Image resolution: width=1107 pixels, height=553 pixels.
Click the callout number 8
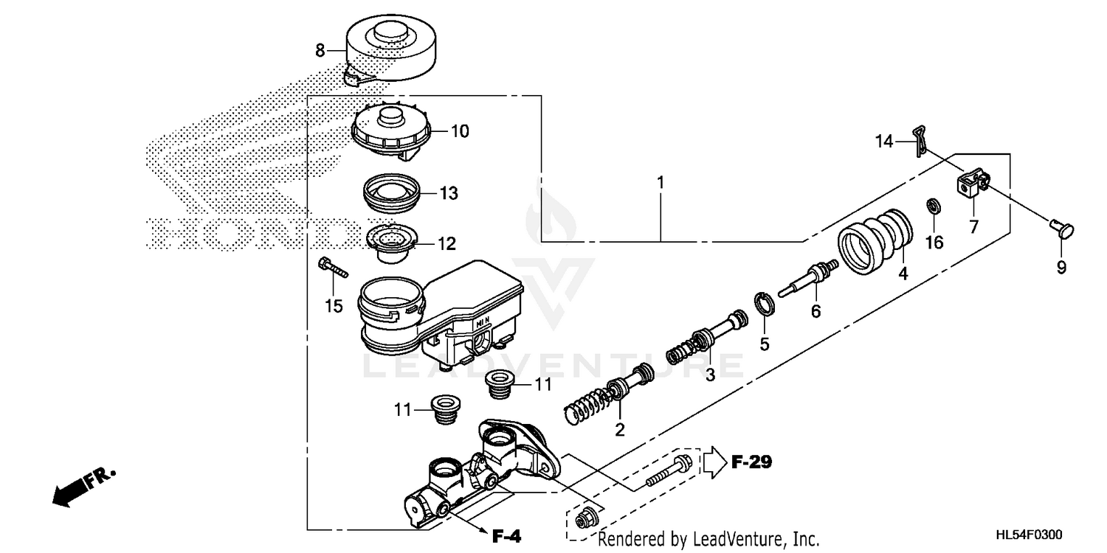[x=320, y=51]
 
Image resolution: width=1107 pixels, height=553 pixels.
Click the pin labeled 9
[x=1061, y=229]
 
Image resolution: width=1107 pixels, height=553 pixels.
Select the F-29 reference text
[x=752, y=463]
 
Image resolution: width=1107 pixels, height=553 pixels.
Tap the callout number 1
[x=661, y=181]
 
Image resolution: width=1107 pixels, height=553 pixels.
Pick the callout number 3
[x=710, y=375]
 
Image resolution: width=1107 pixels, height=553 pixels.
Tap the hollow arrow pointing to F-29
[x=714, y=463]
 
